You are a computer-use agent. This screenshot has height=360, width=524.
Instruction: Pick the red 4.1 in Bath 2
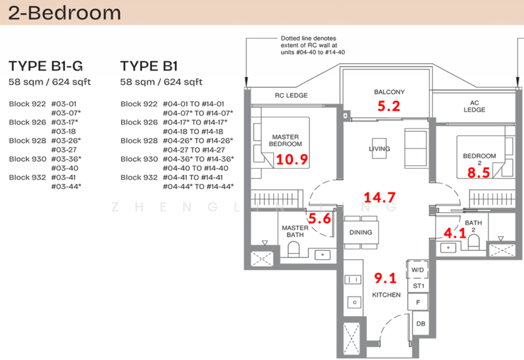pyautogui.click(x=455, y=233)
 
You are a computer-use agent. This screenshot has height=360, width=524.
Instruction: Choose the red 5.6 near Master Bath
pyautogui.click(x=320, y=220)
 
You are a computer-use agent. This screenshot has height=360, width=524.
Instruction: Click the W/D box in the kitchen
pyautogui.click(x=418, y=270)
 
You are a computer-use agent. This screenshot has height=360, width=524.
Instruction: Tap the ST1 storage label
pyautogui.click(x=418, y=286)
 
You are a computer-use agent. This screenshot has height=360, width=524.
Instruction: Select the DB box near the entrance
pyautogui.click(x=419, y=323)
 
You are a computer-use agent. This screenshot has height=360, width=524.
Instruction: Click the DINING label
pyautogui.click(x=361, y=232)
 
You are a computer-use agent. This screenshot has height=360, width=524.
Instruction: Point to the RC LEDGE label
pyautogui.click(x=290, y=96)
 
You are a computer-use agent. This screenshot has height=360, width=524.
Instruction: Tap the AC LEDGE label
pyautogui.click(x=475, y=106)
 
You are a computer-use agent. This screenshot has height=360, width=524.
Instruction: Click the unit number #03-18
pyautogui.click(x=64, y=131)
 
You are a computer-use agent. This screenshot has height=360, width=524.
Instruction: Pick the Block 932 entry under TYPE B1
pyautogui.click(x=139, y=177)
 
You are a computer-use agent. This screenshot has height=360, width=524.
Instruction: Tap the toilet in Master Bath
pyautogui.click(x=293, y=249)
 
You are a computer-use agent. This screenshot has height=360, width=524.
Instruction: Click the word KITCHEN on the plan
pyautogui.click(x=386, y=295)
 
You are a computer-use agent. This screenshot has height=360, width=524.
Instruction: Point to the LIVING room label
pyautogui.click(x=379, y=149)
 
